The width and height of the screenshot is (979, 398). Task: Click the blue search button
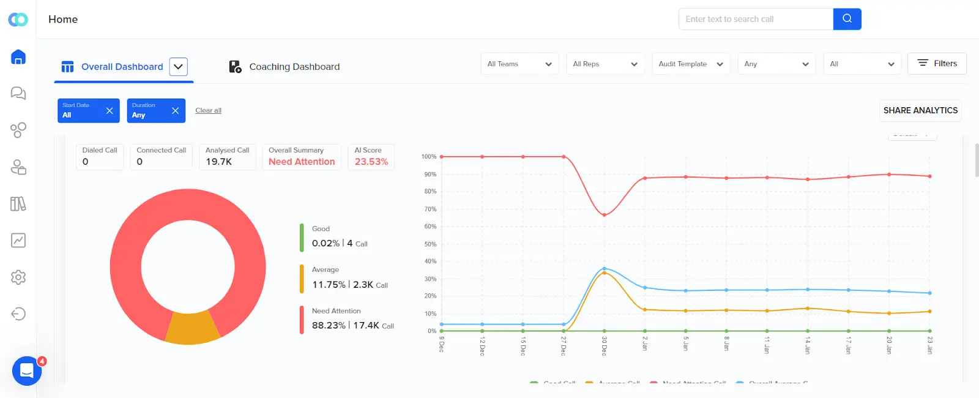pos(847,19)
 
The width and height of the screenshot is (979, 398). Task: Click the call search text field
pos(756,19)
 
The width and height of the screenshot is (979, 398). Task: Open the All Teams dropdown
pos(519,64)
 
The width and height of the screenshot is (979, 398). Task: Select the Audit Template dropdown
pos(690,64)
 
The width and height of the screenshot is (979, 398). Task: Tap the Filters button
pos(937,63)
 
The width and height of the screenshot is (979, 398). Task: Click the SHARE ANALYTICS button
pos(920,110)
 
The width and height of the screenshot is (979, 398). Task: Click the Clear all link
pos(208,110)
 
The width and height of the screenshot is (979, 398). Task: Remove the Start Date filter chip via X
pos(110,111)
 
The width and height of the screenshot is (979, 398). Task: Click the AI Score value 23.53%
pos(371,162)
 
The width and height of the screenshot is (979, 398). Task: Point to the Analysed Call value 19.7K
pos(218,162)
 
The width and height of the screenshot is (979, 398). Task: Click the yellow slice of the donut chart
pos(192,328)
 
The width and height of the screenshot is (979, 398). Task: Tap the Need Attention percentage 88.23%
pos(329,325)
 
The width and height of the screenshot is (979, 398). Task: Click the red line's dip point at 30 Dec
pos(604,215)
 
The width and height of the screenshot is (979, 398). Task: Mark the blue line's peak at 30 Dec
pos(604,268)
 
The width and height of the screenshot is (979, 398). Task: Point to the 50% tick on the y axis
pos(430,244)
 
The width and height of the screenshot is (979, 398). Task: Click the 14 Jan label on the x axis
pos(808,345)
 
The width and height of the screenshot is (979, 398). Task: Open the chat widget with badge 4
pos(27,370)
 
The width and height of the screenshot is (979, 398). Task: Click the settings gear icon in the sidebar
pos(18,277)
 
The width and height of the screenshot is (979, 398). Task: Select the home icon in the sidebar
pos(18,57)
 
